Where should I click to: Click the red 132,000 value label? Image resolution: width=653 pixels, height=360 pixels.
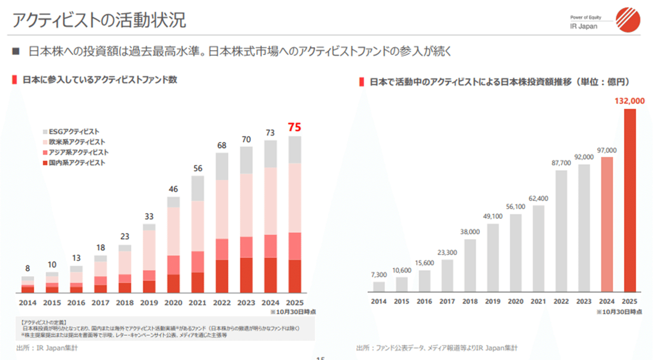click(x=630, y=101)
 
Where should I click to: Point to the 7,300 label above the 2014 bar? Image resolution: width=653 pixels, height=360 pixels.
click(x=379, y=275)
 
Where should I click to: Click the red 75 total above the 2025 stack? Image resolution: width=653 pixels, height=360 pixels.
click(x=294, y=127)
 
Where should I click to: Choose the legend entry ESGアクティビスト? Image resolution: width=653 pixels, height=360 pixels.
click(x=73, y=132)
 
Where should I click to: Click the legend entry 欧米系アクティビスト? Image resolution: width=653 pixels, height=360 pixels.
click(x=73, y=142)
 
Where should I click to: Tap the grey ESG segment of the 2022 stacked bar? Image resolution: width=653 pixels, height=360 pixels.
click(x=221, y=167)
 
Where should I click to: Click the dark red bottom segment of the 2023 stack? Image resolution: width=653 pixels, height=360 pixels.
click(x=247, y=275)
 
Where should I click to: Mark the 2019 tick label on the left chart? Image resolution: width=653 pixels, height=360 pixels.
click(x=149, y=303)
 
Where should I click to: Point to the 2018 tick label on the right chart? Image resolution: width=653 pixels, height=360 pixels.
click(x=470, y=301)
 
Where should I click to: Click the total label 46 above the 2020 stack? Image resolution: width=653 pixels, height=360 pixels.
click(x=174, y=189)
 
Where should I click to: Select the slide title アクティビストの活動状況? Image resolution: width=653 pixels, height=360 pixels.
click(x=98, y=20)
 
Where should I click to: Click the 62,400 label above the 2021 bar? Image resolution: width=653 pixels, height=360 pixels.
click(x=539, y=198)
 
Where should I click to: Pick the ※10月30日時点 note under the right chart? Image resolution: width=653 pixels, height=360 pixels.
click(x=619, y=312)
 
